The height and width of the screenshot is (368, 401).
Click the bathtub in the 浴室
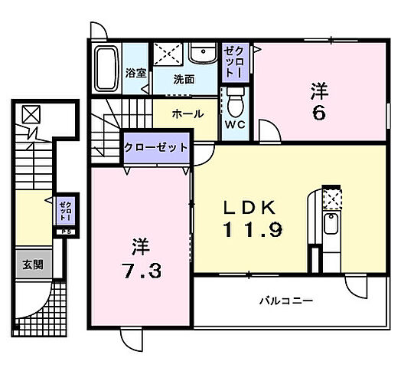tap(106, 68)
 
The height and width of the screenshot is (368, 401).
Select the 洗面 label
tap(183, 78)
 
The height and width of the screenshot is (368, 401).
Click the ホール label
tap(187, 114)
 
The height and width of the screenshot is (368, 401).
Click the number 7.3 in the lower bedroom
tap(142, 271)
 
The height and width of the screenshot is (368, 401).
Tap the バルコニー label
tap(285, 301)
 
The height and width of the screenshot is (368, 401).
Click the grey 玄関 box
tap(32, 265)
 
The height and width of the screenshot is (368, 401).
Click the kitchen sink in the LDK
tap(331, 225)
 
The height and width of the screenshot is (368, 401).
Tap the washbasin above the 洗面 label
tap(203, 55)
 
